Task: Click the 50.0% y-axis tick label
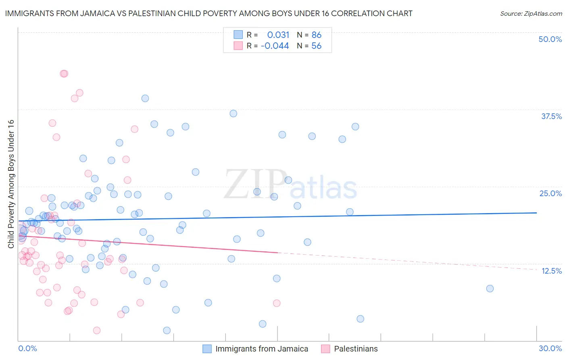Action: pyautogui.click(x=550, y=39)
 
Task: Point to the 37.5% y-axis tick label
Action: pyautogui.click(x=551, y=116)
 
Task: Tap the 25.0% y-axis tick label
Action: pyautogui.click(x=550, y=193)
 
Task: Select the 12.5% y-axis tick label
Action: pyautogui.click(x=551, y=271)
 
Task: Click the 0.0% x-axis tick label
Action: pyautogui.click(x=27, y=348)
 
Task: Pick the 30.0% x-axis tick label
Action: pyautogui.click(x=550, y=348)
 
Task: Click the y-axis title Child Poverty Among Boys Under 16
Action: pyautogui.click(x=11, y=184)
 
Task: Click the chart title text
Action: pyautogui.click(x=208, y=13)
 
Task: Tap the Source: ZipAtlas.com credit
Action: pyautogui.click(x=531, y=13)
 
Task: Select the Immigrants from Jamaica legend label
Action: pyautogui.click(x=261, y=349)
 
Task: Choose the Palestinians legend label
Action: pyautogui.click(x=356, y=349)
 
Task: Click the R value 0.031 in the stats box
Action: pyautogui.click(x=278, y=35)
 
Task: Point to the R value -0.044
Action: pyautogui.click(x=275, y=46)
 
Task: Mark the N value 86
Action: pyautogui.click(x=317, y=35)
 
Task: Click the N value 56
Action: pyautogui.click(x=317, y=46)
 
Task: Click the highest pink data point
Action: pyautogui.click(x=64, y=73)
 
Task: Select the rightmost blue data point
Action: pyautogui.click(x=490, y=289)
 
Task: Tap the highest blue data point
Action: pyautogui.click(x=145, y=98)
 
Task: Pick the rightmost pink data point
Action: pyautogui.click(x=277, y=303)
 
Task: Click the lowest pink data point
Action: pyautogui.click(x=97, y=331)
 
